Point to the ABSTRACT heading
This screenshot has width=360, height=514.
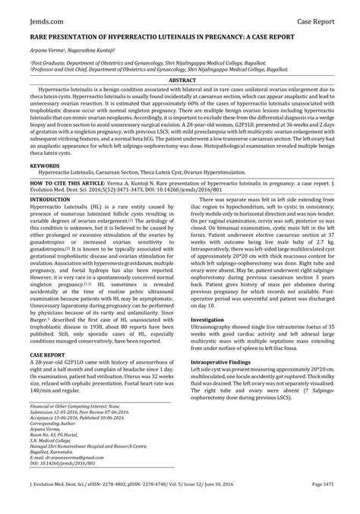point(180,80)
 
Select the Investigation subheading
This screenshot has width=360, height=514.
point(207,320)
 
